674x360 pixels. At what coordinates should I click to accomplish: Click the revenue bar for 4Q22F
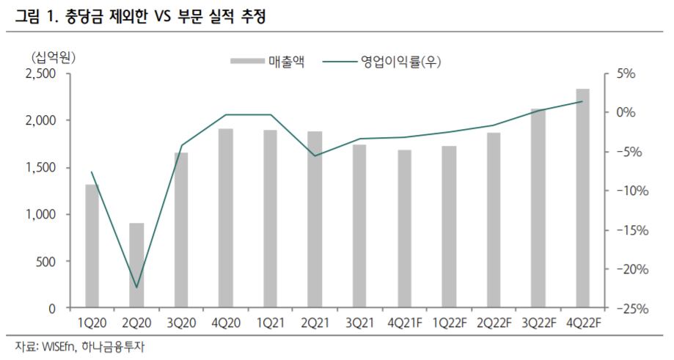[582, 198]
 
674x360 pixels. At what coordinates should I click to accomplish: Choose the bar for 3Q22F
[538, 208]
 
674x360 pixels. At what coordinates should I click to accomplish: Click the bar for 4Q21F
[404, 229]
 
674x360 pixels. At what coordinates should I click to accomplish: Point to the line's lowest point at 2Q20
[136, 287]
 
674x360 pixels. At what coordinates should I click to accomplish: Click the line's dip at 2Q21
[315, 155]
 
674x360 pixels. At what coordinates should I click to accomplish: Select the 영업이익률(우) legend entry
[400, 62]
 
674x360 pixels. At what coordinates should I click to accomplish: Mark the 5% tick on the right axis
[625, 73]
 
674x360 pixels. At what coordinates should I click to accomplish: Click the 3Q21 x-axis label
[359, 323]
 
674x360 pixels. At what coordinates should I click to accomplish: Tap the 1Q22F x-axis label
[449, 323]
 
